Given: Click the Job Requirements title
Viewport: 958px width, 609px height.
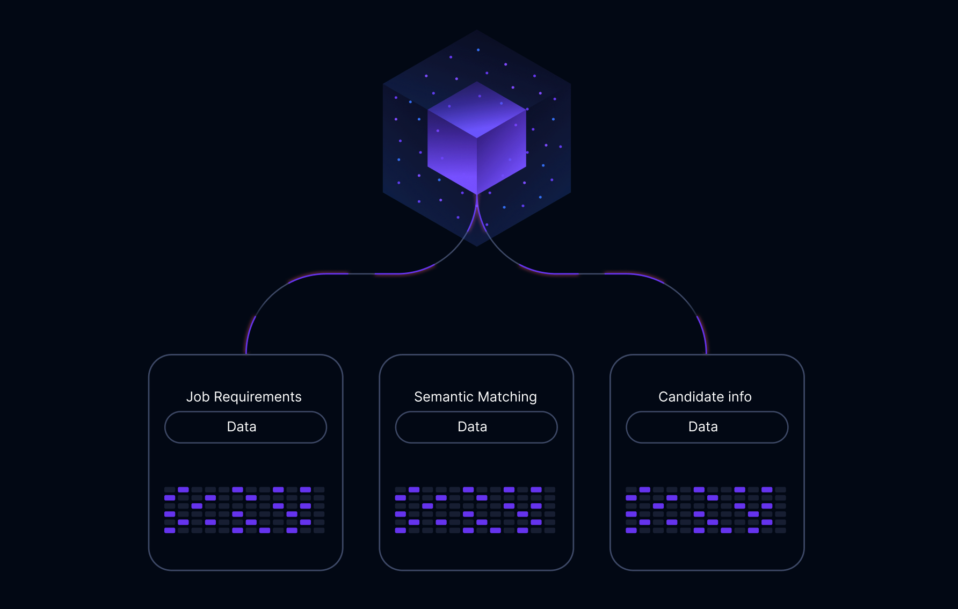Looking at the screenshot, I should [244, 397].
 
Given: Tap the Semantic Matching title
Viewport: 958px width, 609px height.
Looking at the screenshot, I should [475, 397].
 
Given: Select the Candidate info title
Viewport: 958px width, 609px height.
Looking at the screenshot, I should [705, 397].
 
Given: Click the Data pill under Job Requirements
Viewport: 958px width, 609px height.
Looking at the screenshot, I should [245, 427].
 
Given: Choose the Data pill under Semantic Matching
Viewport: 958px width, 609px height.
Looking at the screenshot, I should [476, 427].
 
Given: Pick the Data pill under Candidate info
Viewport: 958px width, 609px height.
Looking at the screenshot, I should [707, 427].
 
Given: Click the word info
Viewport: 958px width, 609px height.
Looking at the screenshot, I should [739, 397].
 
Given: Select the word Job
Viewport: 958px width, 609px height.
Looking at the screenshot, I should [198, 397].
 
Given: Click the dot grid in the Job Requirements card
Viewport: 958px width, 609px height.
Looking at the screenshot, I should [244, 510].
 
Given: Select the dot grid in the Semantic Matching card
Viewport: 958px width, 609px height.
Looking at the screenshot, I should [475, 510].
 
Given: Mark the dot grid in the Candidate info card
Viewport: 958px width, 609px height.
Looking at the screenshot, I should [706, 510].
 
